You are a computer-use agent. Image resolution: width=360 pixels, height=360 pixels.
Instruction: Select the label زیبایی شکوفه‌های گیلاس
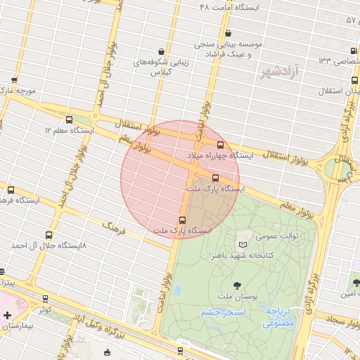point(162,67)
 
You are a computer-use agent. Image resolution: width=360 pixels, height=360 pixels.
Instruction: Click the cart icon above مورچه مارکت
point(15,80)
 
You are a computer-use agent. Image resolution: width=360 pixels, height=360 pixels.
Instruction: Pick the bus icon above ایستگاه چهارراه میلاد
point(221,143)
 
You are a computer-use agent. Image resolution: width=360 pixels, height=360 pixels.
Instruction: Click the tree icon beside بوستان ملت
point(236,285)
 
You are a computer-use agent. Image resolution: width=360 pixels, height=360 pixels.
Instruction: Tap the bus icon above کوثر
point(46,298)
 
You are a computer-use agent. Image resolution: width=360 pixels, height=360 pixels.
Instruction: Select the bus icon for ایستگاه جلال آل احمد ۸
point(48,235)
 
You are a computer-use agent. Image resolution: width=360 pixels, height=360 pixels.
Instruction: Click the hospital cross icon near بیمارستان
point(7,316)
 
